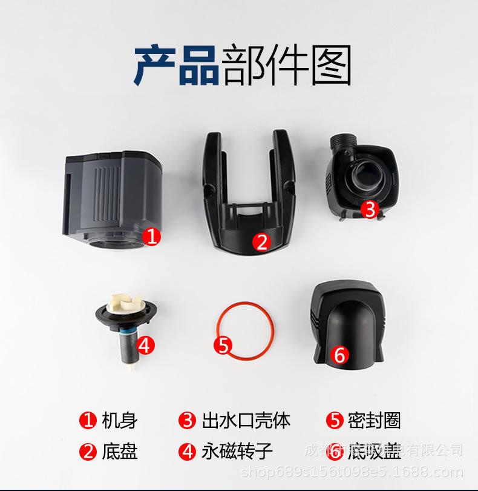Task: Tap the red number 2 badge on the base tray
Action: pos(261,242)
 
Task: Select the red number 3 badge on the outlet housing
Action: pos(370,209)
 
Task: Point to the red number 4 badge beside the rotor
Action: pos(145,346)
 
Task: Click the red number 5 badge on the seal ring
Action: pos(223,346)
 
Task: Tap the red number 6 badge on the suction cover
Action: pos(339,355)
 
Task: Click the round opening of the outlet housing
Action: pos(361,177)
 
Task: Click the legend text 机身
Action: pos(119,420)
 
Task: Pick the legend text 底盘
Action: pos(119,452)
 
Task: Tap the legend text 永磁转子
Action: pos(238,452)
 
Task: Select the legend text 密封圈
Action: pos(374,420)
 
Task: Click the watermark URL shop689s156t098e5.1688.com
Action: pos(352,472)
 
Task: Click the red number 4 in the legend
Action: pos(186,452)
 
